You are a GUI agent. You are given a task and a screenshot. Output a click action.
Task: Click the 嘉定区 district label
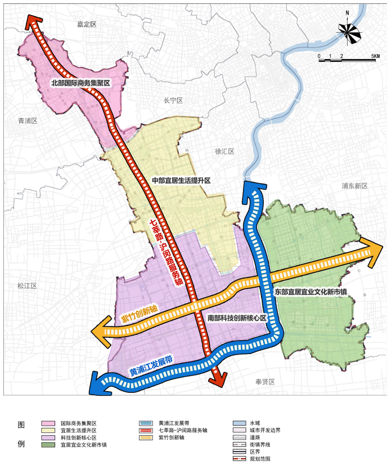(87, 24)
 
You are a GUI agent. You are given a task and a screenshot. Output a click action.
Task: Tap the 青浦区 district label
(27, 121)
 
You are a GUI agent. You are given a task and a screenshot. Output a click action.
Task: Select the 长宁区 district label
(173, 101)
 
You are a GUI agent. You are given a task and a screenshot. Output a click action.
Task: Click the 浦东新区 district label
(354, 186)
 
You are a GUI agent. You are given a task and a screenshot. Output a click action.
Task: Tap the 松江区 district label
(26, 286)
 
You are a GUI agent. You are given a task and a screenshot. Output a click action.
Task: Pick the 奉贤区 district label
(264, 382)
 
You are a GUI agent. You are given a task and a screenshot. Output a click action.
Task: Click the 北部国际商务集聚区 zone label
(79, 83)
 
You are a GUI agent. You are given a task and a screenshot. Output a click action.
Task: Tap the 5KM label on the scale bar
(376, 56)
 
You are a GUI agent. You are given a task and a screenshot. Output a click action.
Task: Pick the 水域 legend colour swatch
(239, 423)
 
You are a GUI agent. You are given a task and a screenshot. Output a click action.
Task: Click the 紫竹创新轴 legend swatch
(146, 437)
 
